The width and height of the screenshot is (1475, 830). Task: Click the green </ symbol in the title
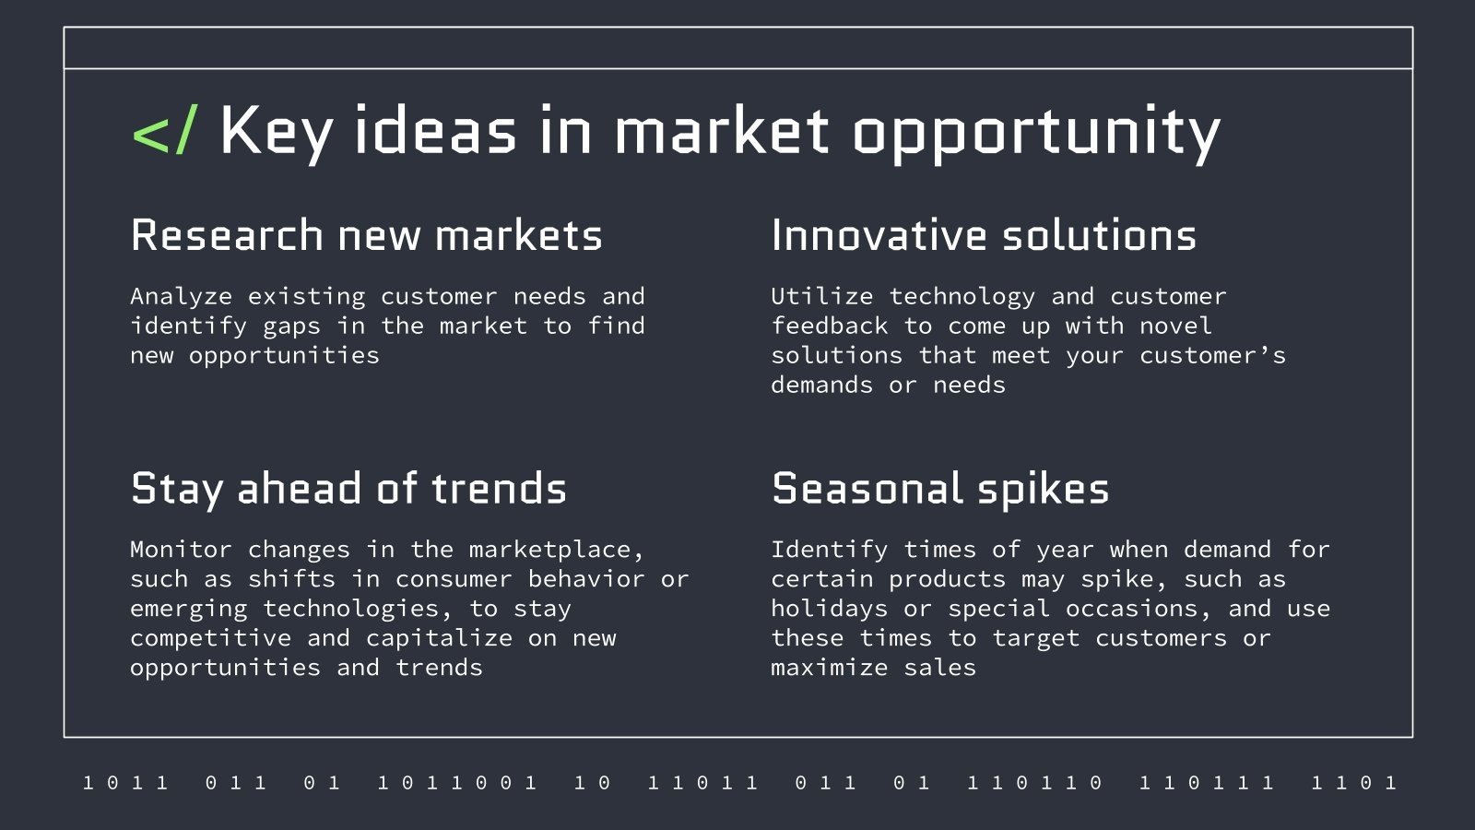tap(164, 132)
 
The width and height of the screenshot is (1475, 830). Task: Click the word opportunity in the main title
tap(1036, 132)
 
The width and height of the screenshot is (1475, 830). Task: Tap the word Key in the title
tap(276, 132)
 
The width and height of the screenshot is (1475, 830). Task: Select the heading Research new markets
tap(366, 235)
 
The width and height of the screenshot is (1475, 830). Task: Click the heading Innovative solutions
tap(984, 235)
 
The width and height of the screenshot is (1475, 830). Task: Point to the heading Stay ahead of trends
tap(348, 489)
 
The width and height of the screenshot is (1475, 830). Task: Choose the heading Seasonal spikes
tap(940, 489)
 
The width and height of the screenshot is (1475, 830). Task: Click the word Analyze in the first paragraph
tap(182, 296)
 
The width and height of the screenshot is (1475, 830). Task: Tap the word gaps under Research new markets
tap(291, 326)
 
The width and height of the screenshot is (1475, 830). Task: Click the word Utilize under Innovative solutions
tap(821, 296)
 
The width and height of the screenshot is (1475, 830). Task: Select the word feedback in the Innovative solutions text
tap(829, 326)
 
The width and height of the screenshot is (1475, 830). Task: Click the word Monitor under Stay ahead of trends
tap(181, 550)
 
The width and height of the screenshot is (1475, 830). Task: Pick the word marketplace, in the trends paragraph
tap(556, 550)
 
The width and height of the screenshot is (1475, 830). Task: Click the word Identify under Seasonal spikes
tap(829, 550)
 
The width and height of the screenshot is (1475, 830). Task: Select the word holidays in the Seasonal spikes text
tap(829, 609)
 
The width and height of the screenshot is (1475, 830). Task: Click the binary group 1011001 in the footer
tap(457, 783)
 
